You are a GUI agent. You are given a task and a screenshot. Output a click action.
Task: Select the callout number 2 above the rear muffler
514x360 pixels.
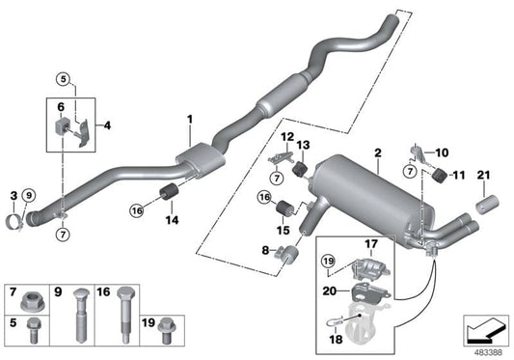pos(378,152)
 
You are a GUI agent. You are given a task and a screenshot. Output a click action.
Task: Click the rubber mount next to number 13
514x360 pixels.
pos(299,170)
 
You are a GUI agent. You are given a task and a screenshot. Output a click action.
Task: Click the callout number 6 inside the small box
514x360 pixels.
pos(61,106)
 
